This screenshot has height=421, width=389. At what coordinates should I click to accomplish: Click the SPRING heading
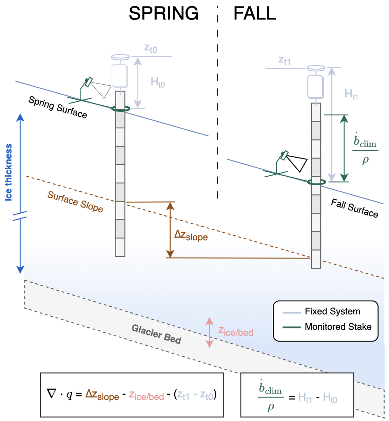[163, 14]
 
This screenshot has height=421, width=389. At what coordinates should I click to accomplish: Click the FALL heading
[254, 14]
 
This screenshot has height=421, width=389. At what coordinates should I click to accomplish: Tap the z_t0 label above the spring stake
[150, 48]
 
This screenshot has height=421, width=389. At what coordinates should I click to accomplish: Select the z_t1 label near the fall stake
[284, 61]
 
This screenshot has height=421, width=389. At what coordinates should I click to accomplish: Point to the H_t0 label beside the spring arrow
[158, 83]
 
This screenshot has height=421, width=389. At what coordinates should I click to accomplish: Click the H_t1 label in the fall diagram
[351, 94]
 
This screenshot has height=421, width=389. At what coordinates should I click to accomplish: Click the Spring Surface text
[58, 107]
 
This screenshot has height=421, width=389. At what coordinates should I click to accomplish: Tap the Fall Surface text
[354, 208]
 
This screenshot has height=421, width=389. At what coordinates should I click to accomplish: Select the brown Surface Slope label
[75, 202]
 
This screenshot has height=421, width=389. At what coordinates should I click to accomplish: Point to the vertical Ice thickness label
[9, 172]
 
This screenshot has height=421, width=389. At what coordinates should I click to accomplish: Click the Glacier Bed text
[156, 334]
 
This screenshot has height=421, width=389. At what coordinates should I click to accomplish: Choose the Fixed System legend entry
[332, 311]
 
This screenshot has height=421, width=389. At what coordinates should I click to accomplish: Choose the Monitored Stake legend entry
[338, 327]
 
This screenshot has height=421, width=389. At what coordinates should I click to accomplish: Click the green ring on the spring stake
[120, 108]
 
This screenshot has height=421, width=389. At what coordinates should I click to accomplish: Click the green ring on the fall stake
[316, 182]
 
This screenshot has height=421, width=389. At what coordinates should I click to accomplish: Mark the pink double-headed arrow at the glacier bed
[209, 332]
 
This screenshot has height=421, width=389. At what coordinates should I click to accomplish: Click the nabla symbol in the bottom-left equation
[52, 394]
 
